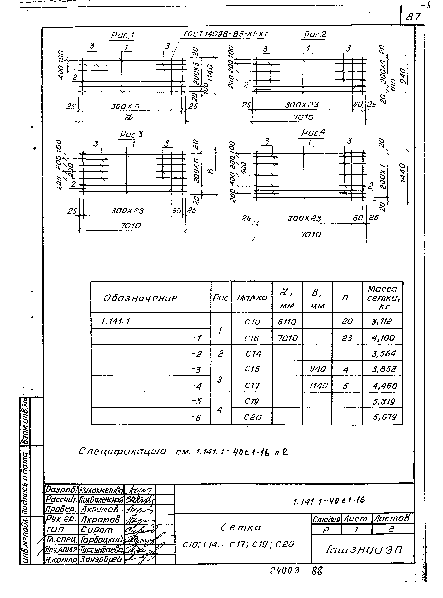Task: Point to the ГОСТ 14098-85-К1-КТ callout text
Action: coord(226,34)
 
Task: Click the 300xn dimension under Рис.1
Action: coord(125,107)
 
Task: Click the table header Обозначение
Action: coord(140,298)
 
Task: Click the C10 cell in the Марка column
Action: coord(252,322)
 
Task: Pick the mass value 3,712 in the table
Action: coord(381,321)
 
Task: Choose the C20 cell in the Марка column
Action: coord(252,417)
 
